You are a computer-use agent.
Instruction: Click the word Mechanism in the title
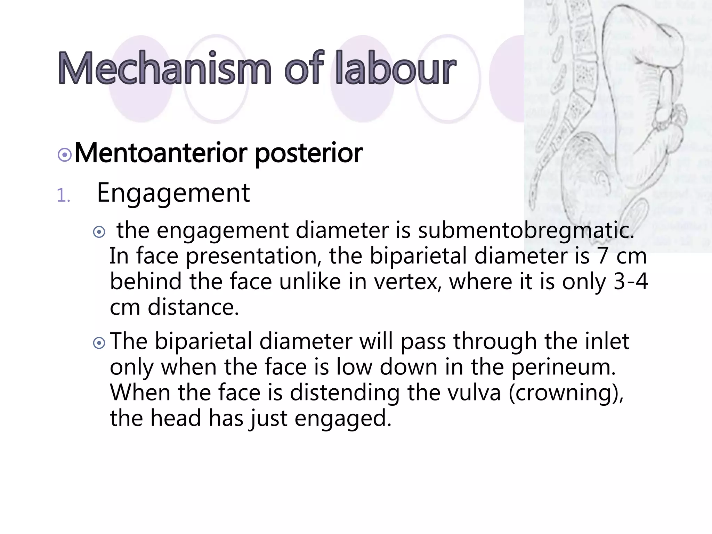point(164,68)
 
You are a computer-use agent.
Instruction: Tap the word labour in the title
point(395,68)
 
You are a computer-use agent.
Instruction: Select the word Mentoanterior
point(161,153)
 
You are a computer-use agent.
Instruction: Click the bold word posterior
point(309,154)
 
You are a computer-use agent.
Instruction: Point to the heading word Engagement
point(173,193)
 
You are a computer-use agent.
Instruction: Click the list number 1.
point(63,196)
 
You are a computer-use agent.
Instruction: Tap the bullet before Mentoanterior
point(65,155)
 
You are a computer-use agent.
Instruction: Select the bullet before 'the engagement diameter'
point(99,232)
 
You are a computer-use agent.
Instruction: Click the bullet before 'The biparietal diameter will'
point(99,343)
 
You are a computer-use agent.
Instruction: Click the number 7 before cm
point(602,256)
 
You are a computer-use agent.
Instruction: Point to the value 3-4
point(630,282)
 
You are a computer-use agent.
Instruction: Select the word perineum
point(563,367)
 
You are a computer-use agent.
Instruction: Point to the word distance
point(193,307)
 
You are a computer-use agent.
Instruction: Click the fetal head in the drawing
point(577,167)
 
